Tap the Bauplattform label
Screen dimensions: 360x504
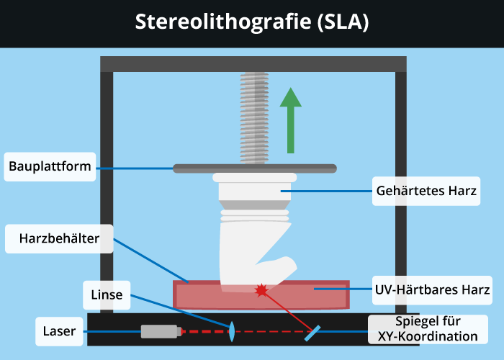click(50, 167)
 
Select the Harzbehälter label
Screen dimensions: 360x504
click(59, 237)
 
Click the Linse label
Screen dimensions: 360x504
click(107, 294)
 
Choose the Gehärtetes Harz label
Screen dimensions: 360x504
click(427, 192)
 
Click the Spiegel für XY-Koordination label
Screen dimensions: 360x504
click(426, 328)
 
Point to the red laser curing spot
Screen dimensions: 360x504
click(261, 290)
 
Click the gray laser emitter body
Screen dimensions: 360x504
click(158, 332)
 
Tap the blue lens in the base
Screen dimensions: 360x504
click(233, 332)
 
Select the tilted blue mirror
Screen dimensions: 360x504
click(312, 332)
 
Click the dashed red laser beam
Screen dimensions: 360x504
click(205, 332)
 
